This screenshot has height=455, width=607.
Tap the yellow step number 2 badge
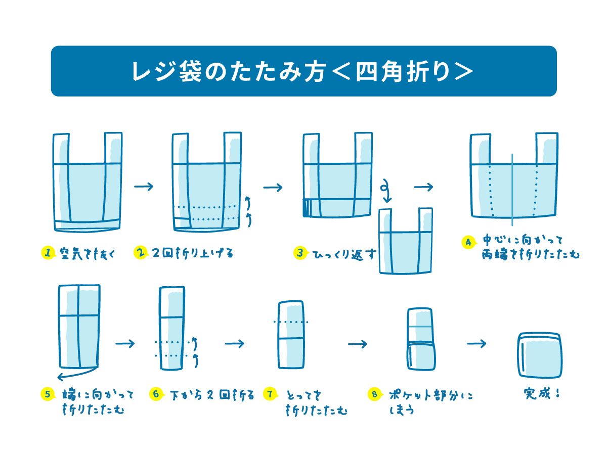click(x=140, y=253)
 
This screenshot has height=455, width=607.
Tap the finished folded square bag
click(x=540, y=355)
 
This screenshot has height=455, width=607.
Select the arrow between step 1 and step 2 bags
click(x=144, y=187)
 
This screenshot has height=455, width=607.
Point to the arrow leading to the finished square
click(x=476, y=344)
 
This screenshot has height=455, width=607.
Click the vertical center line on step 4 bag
click(x=512, y=189)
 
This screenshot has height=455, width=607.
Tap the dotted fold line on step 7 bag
click(x=290, y=322)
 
